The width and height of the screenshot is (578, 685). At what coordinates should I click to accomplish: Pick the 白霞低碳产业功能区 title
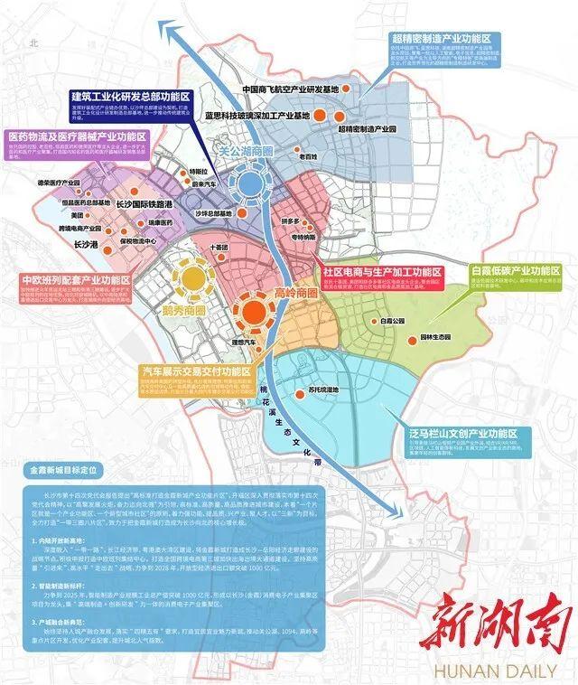point(517,270)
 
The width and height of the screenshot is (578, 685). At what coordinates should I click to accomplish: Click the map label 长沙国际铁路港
point(147,205)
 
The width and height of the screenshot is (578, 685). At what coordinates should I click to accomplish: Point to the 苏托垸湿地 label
point(322,390)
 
